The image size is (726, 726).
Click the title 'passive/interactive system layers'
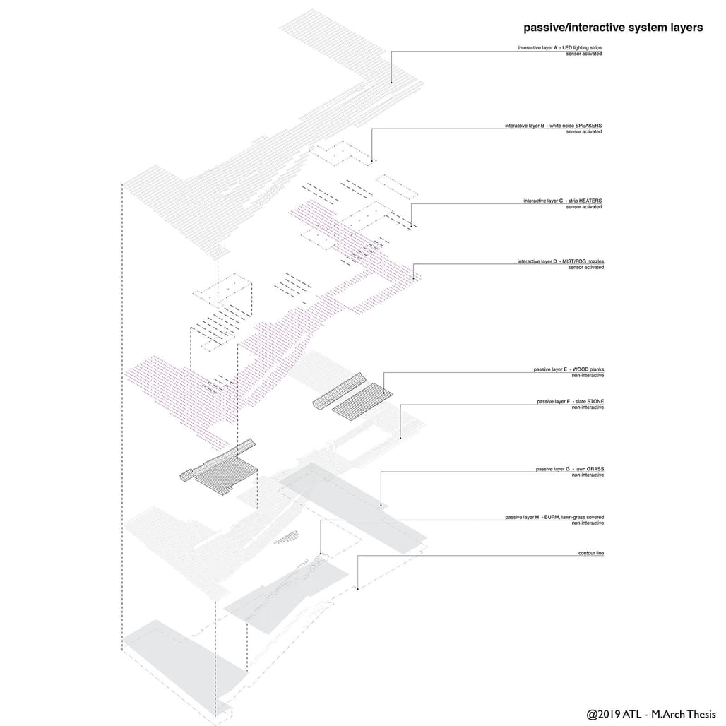[x=613, y=28]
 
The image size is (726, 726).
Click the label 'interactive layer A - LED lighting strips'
[x=560, y=48]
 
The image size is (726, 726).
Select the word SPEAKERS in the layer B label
[x=588, y=126]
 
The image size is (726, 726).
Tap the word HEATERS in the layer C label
[x=590, y=201]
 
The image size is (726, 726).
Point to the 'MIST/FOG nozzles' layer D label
[x=583, y=261]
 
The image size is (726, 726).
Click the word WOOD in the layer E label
[x=580, y=369]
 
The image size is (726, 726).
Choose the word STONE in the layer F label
[x=595, y=401]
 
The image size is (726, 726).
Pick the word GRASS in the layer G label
[x=595, y=469]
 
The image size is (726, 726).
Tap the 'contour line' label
[x=591, y=553]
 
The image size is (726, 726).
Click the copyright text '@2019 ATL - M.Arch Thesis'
[x=651, y=714]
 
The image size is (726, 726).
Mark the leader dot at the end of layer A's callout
[x=391, y=83]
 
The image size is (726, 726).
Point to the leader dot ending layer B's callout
[x=371, y=161]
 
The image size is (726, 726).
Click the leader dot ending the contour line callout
[x=357, y=589]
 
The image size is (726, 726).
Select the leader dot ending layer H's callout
[x=321, y=553]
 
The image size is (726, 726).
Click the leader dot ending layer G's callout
[x=381, y=505]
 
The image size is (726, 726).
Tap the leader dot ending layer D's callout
[x=413, y=278]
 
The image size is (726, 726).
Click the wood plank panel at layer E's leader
[x=362, y=401]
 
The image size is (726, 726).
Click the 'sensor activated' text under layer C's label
[x=584, y=206]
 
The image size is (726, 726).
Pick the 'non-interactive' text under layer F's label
[x=588, y=407]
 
